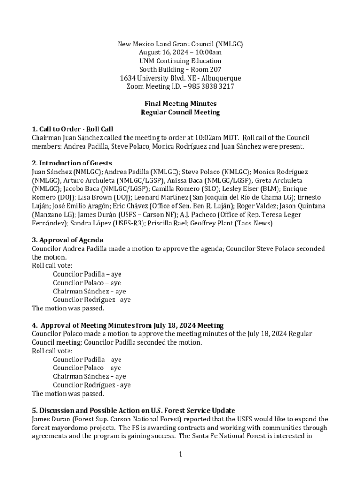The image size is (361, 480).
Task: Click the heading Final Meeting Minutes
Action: point(180,104)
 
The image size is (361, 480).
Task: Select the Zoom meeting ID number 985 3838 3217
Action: point(211,87)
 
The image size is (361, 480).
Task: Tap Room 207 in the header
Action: point(204,69)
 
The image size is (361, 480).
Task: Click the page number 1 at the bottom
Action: point(180,454)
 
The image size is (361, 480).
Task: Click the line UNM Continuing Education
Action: point(180,61)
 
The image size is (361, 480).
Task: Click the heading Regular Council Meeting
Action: point(180,112)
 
